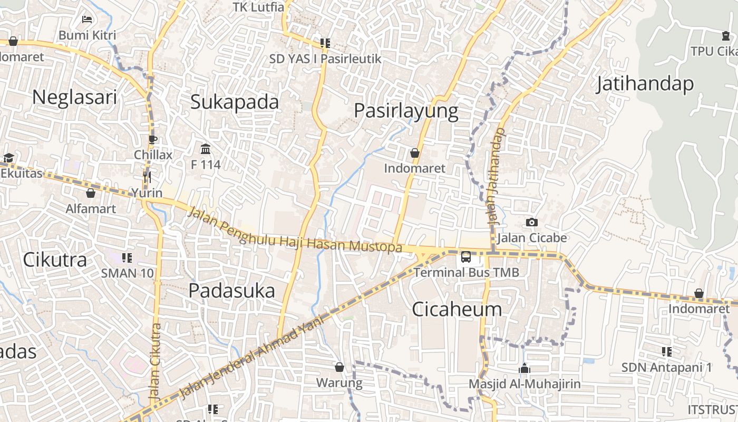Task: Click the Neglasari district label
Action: coord(74,98)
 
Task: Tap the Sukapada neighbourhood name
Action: coord(234,102)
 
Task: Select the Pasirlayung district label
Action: coord(405,111)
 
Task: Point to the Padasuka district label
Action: coord(231,291)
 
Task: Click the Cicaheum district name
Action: coord(457,309)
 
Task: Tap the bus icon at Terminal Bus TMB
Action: coord(466,257)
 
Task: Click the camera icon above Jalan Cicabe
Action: coord(531,223)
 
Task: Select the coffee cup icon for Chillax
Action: coord(153,140)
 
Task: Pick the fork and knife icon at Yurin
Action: coord(147,177)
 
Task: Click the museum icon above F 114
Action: coord(206,149)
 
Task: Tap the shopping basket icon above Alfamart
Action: coord(91,194)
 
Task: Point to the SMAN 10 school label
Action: coord(128,273)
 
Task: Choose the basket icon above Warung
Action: coord(339,367)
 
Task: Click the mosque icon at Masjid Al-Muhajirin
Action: coord(524,368)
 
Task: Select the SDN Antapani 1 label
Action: coord(666,367)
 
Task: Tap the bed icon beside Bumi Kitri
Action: coord(87,20)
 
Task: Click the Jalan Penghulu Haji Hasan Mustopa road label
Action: coord(294,231)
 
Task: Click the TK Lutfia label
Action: coord(258,7)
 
